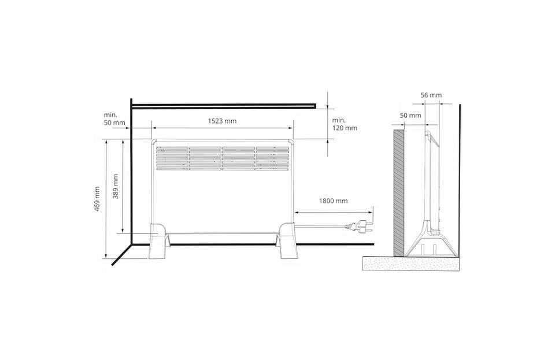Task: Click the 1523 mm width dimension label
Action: (222, 121)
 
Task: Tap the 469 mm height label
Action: (97, 199)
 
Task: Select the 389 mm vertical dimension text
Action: (116, 187)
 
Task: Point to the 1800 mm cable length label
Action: (333, 201)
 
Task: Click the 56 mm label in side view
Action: (431, 95)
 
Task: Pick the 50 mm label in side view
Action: (410, 116)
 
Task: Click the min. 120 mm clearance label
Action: (345, 124)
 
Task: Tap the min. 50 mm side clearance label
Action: (114, 119)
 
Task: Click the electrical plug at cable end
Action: (359, 227)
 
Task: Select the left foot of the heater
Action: (158, 240)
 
